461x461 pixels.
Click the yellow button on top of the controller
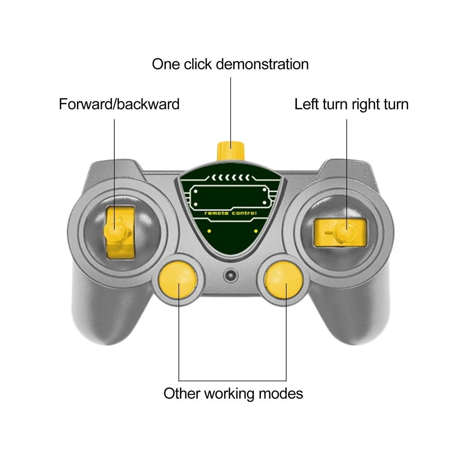pyautogui.click(x=230, y=151)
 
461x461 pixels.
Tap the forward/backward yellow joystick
pyautogui.click(x=119, y=232)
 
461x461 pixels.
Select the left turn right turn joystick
pyautogui.click(x=341, y=232)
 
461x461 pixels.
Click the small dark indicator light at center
pyautogui.click(x=230, y=276)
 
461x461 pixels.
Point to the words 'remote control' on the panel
pyautogui.click(x=230, y=213)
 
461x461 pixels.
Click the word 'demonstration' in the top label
pyautogui.click(x=262, y=64)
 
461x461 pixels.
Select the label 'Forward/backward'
pyautogui.click(x=119, y=104)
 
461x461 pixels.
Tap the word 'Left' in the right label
pyautogui.click(x=307, y=104)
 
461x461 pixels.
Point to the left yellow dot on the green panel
pyautogui.click(x=209, y=231)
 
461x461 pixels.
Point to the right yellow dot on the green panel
pyautogui.click(x=256, y=231)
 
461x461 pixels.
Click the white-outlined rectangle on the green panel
pyautogui.click(x=230, y=196)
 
